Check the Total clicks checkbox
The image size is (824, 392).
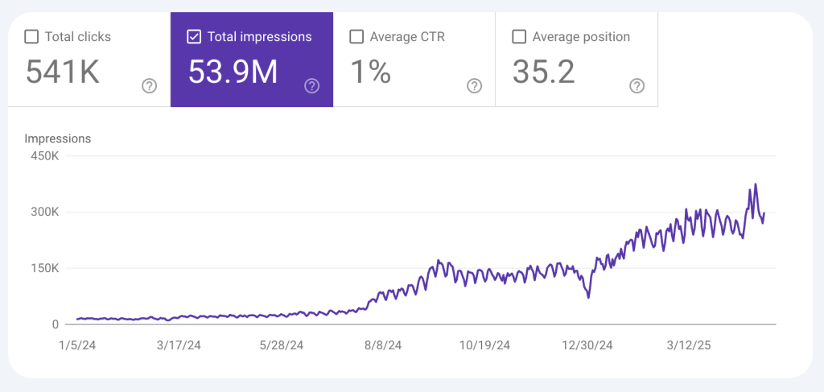click(31, 36)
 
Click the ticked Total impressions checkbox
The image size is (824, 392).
click(194, 36)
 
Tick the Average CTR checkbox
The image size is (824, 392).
click(356, 36)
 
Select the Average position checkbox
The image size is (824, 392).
click(519, 36)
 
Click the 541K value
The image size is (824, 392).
click(62, 72)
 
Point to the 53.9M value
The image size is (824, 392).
click(233, 72)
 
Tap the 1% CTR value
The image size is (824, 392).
click(370, 72)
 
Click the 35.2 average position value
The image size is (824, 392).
click(543, 72)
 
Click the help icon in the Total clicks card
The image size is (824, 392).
click(149, 86)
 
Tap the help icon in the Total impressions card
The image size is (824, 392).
click(311, 86)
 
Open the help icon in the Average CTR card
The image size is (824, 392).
click(474, 86)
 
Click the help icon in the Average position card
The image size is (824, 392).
click(637, 86)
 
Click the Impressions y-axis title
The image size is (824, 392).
click(57, 138)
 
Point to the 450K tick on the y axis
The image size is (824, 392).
click(44, 156)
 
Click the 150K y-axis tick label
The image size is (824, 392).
click(44, 268)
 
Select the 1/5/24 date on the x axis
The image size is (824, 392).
click(77, 345)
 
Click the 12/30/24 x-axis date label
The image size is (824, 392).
click(587, 345)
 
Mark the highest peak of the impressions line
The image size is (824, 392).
click(755, 184)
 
